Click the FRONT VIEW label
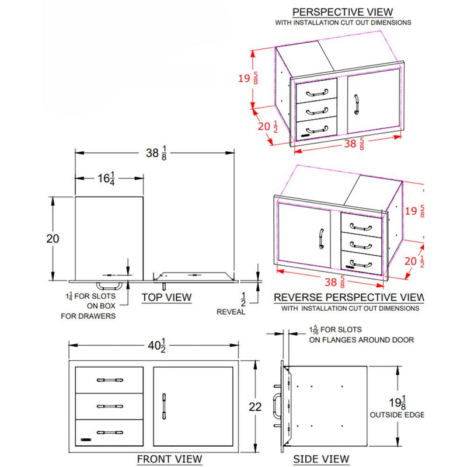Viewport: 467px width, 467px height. click(169, 459)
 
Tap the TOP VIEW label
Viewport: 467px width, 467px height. click(166, 297)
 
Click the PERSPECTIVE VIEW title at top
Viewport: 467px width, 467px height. click(343, 12)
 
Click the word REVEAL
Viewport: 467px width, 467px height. click(232, 312)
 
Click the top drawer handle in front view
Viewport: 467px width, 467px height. click(110, 379)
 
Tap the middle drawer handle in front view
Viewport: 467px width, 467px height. click(110, 406)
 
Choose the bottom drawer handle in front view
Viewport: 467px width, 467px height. click(110, 432)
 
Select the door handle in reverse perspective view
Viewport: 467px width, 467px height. click(320, 238)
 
